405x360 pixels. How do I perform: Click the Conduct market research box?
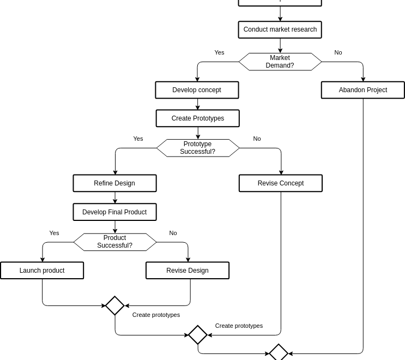coord(280,29)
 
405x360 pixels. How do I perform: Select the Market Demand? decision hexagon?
coord(280,62)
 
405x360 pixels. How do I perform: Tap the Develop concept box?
coord(197,90)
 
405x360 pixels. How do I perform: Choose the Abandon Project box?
coord(362,90)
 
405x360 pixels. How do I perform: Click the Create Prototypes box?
coord(197,118)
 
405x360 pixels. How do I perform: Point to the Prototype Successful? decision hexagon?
coord(197,148)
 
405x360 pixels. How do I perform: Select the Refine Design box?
coord(114,183)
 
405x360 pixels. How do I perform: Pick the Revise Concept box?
coord(280,183)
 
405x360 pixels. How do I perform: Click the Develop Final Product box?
coord(114,212)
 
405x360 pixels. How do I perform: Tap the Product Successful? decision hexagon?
coord(114,242)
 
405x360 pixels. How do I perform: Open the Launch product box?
coord(42,271)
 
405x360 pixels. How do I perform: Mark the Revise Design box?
coord(187,271)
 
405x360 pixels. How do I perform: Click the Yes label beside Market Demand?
coord(219,52)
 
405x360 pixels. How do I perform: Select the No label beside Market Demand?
coord(338,52)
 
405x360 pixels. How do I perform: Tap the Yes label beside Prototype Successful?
coord(138,139)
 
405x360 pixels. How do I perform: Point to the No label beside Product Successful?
coord(173,233)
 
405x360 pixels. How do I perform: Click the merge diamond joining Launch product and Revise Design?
coord(114,305)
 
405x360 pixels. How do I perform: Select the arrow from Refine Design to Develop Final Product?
coord(114,197)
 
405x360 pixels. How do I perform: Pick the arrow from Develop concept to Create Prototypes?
coord(197,104)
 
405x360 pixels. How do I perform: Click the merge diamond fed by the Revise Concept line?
coord(197,335)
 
